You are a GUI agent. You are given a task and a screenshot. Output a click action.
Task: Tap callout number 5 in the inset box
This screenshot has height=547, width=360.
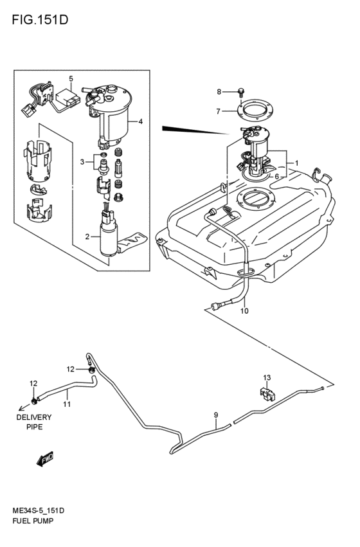[71, 78]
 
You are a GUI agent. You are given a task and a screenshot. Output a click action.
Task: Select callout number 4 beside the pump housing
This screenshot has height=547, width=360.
[140, 121]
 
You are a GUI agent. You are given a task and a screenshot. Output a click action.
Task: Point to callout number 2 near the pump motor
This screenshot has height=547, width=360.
[87, 237]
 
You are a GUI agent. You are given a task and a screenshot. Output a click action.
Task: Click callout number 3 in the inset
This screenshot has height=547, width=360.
[82, 161]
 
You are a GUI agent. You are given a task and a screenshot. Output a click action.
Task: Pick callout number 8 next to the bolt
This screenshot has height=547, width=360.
[219, 91]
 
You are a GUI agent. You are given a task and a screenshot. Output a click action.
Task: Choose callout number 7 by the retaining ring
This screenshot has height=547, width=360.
[219, 111]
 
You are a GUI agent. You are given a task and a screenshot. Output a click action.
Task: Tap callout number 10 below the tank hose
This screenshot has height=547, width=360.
[244, 311]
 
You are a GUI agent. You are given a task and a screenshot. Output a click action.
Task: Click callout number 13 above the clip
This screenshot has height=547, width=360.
[267, 377]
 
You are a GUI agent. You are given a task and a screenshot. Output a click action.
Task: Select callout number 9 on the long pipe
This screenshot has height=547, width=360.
[216, 415]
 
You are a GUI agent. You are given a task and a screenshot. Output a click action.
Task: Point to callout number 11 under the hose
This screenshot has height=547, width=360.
[67, 404]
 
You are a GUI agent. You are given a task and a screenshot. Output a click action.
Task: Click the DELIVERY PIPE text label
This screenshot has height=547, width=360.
[34, 422]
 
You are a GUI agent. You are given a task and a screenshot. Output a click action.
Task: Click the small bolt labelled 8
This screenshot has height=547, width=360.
[240, 93]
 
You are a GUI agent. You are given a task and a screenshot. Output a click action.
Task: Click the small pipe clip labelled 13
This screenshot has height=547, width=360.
[265, 391]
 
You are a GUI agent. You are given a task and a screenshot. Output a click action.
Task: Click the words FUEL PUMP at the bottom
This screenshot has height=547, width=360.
[33, 521]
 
